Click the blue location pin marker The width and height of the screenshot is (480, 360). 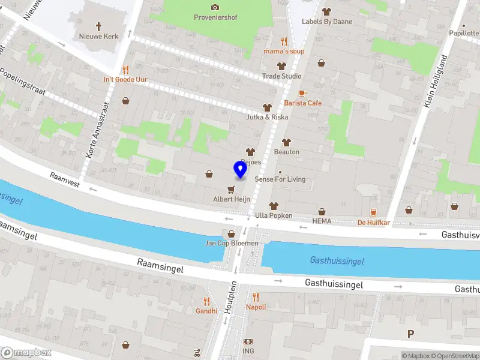click(x=240, y=170)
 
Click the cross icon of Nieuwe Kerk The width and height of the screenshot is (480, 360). click(x=99, y=26)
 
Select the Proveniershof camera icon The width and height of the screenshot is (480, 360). click(x=215, y=7)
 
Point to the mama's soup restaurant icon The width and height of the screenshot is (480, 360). click(x=284, y=41)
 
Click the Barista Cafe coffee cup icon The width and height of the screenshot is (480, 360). click(x=302, y=93)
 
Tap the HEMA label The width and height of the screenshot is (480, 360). click(x=322, y=221)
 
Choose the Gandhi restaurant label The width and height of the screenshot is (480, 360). click(x=206, y=311)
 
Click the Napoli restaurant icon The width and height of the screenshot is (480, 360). click(x=256, y=296)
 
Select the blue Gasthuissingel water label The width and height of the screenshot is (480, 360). click(x=337, y=261)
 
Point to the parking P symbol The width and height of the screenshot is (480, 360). click(x=411, y=334)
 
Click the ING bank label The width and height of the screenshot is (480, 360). click(x=248, y=351)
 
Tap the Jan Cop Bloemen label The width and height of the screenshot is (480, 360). click(x=232, y=243)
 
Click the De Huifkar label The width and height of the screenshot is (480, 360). click(x=373, y=223)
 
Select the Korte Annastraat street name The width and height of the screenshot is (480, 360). click(x=97, y=129)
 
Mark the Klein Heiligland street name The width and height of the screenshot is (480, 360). click(x=436, y=81)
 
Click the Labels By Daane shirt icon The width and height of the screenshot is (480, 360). click(x=326, y=11)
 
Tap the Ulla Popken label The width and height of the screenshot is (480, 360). click(x=273, y=215)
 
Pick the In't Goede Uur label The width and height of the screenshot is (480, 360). click(x=125, y=79)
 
